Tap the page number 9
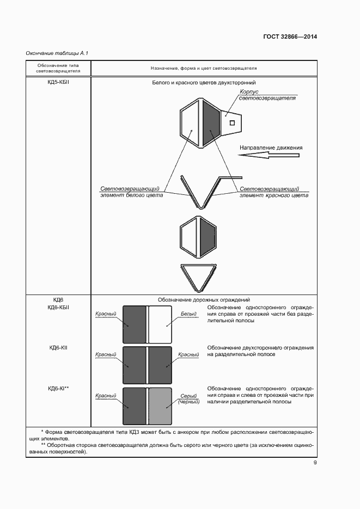[315, 463]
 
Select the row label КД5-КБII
[58, 83]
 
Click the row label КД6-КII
[58, 347]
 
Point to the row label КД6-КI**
[58, 388]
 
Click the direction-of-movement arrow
[269, 156]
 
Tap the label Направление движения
[271, 148]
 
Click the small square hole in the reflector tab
[233, 123]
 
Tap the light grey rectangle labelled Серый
[160, 406]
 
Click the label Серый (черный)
[188, 399]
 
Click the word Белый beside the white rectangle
[188, 314]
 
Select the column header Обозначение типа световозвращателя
[58, 68]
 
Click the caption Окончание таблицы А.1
[57, 53]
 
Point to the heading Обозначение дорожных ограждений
[204, 299]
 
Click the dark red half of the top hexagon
[211, 123]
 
